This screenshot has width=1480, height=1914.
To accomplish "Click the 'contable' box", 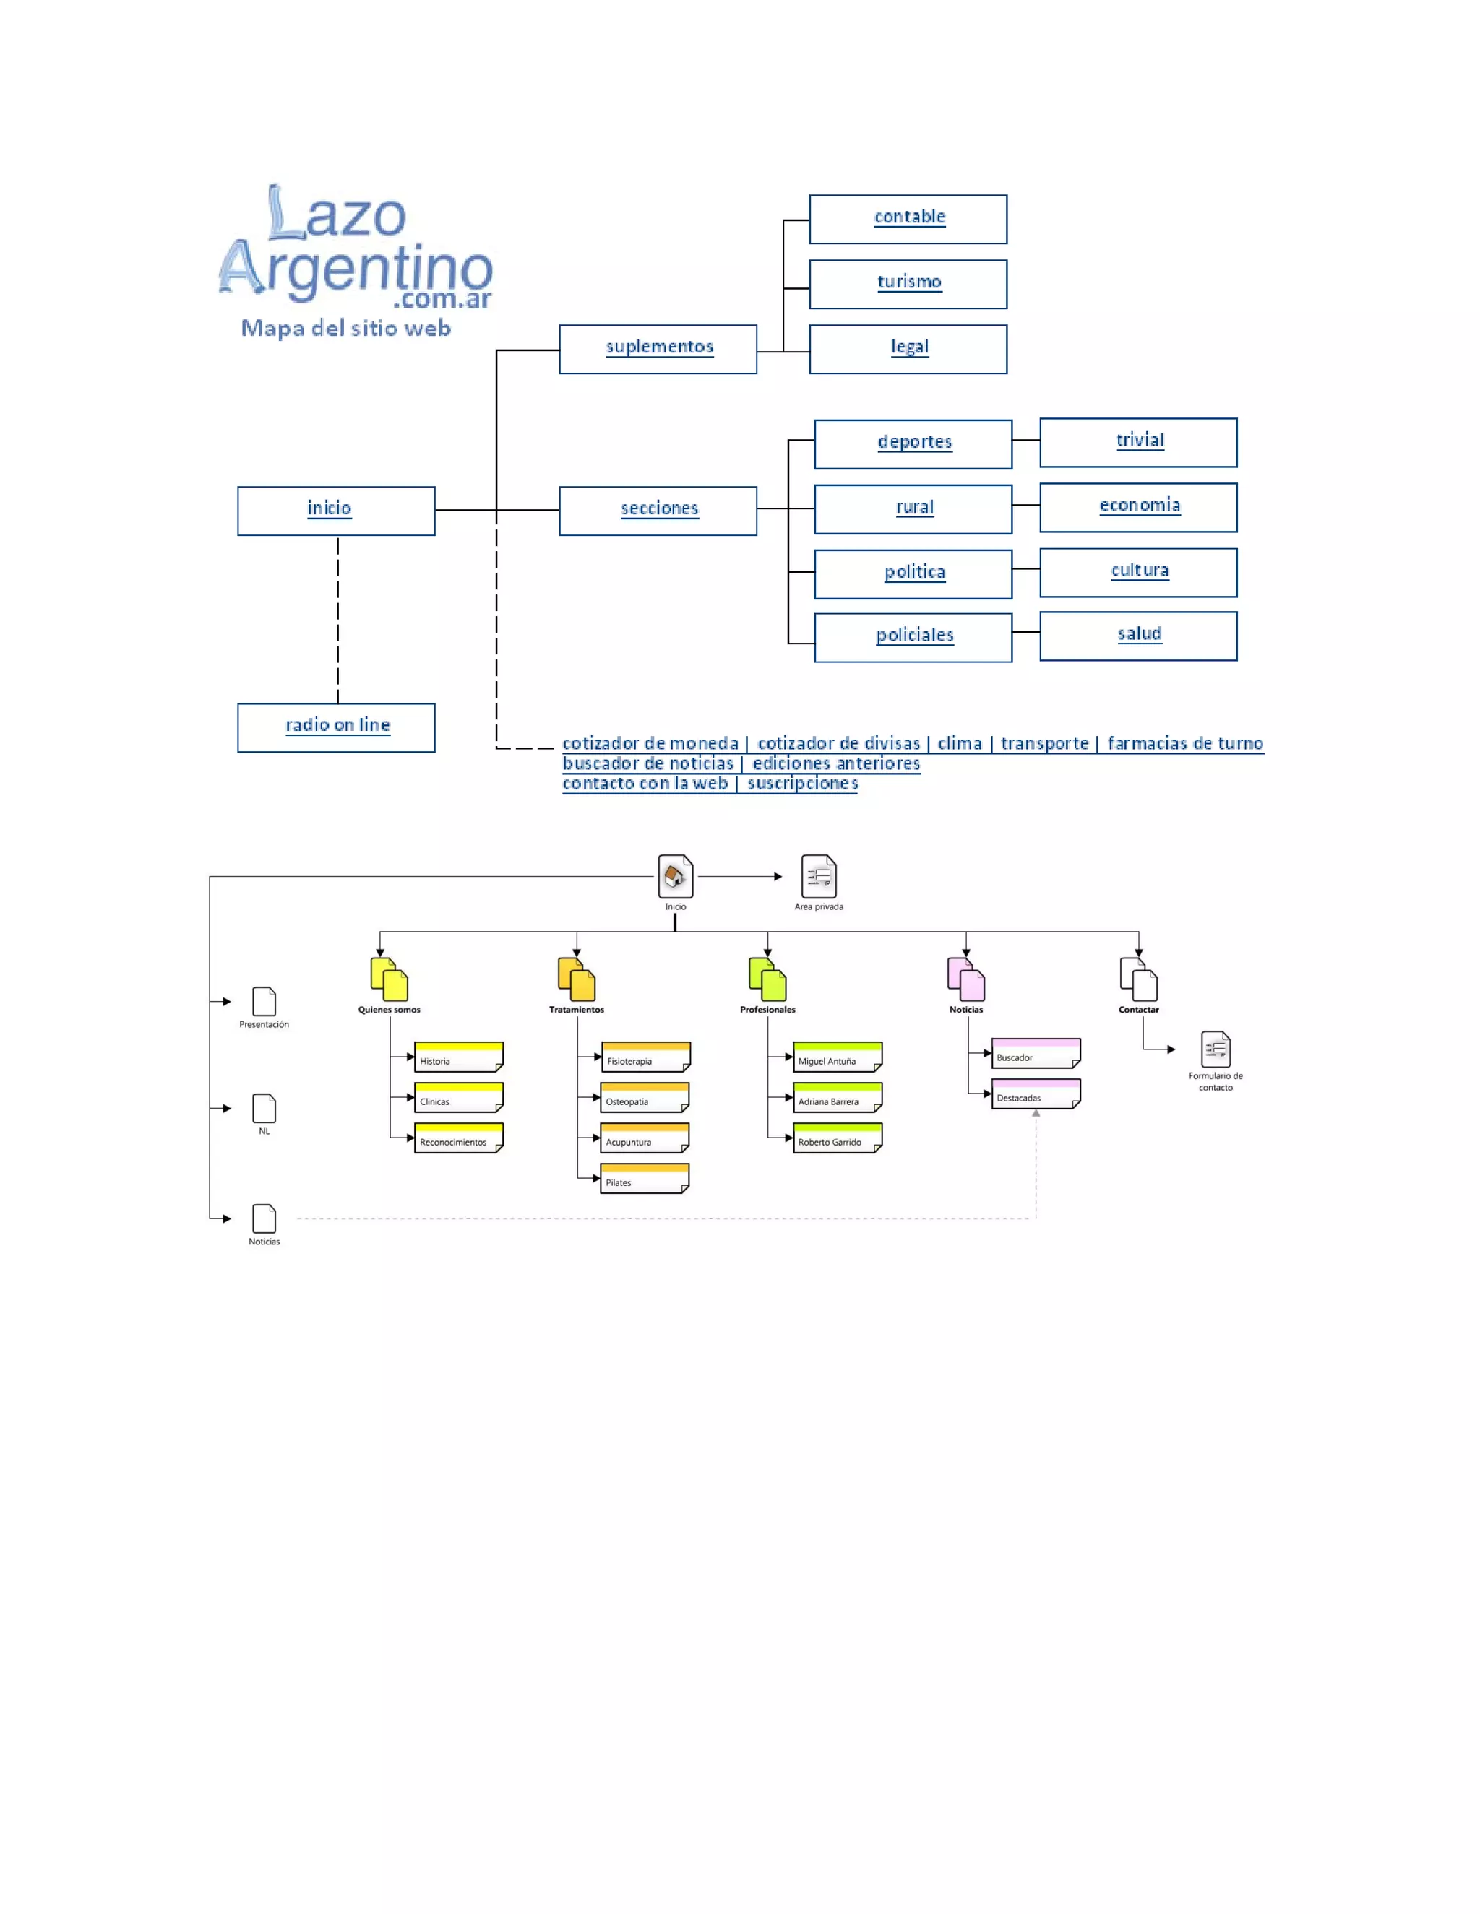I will point(908,219).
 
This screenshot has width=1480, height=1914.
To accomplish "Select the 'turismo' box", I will point(908,284).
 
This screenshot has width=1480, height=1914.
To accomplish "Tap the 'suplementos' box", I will point(658,349).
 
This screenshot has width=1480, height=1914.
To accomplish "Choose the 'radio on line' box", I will point(336,727).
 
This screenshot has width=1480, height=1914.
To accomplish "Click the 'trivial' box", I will point(1138,443).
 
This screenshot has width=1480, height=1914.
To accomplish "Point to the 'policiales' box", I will point(913,637).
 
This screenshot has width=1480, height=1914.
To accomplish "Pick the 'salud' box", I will point(1138,636).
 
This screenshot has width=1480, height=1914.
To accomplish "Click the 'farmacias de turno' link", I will point(1184,743).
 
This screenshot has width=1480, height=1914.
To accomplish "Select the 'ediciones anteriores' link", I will point(835,763).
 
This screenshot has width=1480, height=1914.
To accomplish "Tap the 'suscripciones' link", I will point(802,784).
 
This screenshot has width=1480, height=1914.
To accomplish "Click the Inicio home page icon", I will point(675,875).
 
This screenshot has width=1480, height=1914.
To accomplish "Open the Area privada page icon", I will point(819,875).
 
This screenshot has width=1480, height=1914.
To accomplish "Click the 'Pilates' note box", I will point(645,1179).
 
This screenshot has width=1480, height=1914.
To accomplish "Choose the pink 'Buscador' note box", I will point(1036,1053).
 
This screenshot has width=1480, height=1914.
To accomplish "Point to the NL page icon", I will point(264,1108).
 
